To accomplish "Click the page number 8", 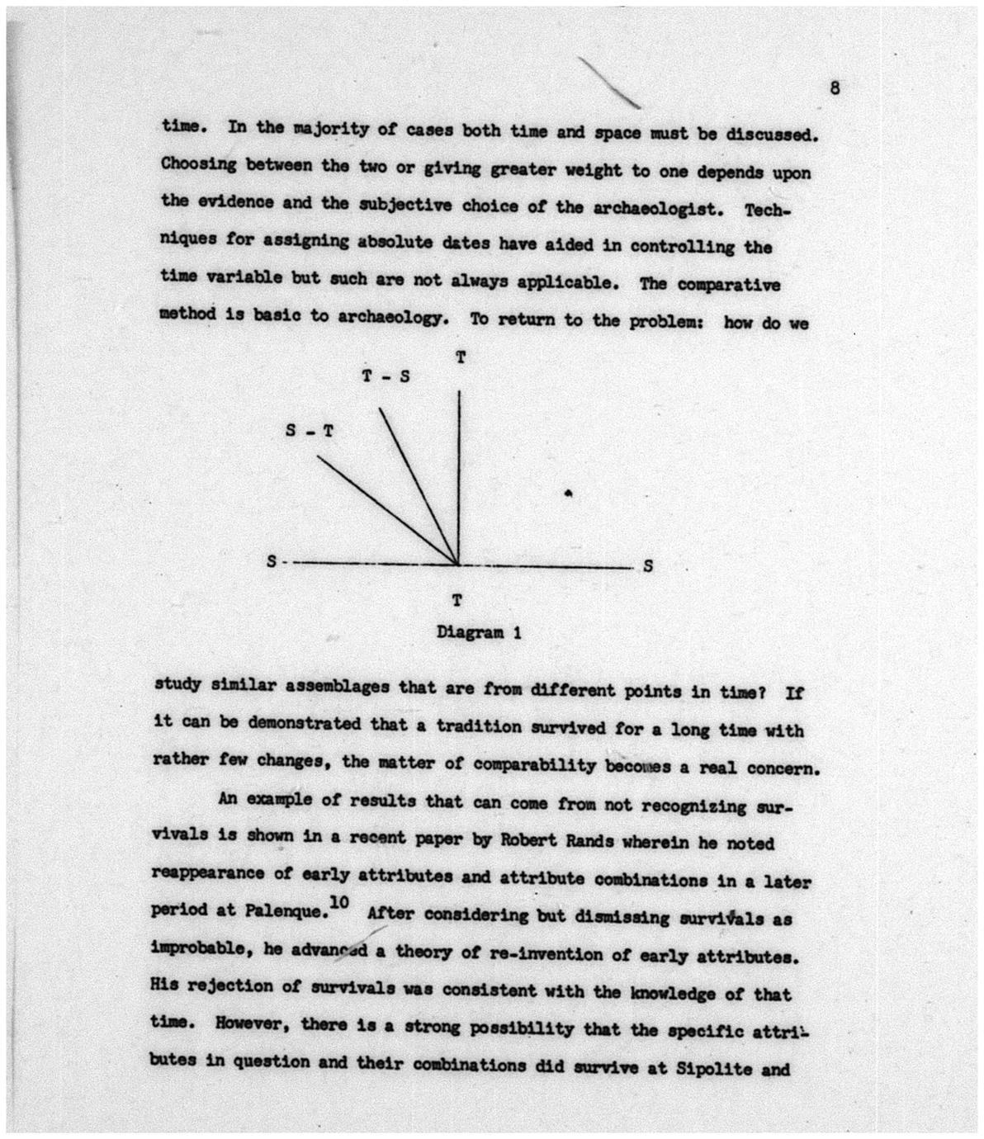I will click(x=835, y=88).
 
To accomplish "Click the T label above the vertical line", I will click(x=461, y=357).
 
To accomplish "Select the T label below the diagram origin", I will click(x=456, y=600).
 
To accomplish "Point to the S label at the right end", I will click(x=648, y=566).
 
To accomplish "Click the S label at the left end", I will click(x=271, y=562).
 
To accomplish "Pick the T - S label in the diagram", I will click(x=386, y=376).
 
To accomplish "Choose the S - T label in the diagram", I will click(x=309, y=430).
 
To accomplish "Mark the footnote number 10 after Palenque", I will click(x=338, y=904).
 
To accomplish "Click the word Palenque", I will click(x=280, y=910).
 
